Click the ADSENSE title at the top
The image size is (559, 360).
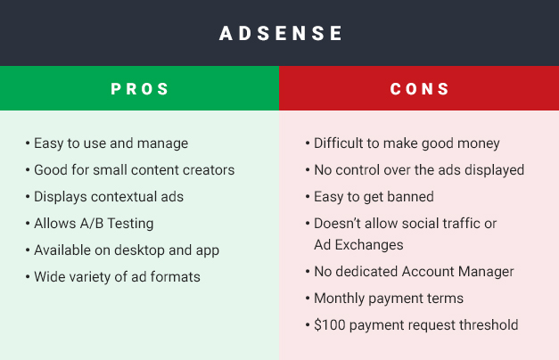pyautogui.click(x=281, y=34)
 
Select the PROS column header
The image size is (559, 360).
pyautogui.click(x=140, y=89)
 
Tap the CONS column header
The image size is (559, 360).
pyautogui.click(x=419, y=89)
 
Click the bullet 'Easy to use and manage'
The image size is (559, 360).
pyautogui.click(x=111, y=143)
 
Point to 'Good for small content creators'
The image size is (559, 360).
pyautogui.click(x=134, y=169)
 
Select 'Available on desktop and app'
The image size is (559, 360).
pyautogui.click(x=127, y=250)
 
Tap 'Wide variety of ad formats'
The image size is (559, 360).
pyautogui.click(x=117, y=276)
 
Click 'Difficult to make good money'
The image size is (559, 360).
pyautogui.click(x=406, y=143)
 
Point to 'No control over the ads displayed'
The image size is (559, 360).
pyautogui.click(x=419, y=169)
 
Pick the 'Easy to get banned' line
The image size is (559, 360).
pyautogui.click(x=374, y=196)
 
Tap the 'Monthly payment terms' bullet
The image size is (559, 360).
pyautogui.click(x=389, y=298)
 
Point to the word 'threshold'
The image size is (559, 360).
pyautogui.click(x=488, y=324)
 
